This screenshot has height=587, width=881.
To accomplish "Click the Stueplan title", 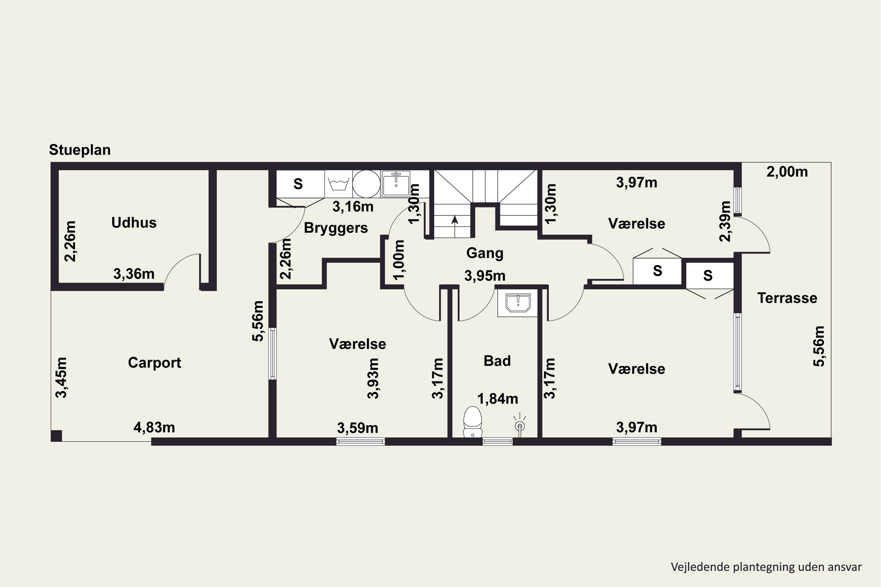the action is point(80,150).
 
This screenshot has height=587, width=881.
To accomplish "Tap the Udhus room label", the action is point(134,223).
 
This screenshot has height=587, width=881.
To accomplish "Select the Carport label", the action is point(154,363).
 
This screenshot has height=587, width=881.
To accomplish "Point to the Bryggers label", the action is point(336,228).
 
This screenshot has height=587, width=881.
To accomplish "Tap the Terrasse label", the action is point(787,298).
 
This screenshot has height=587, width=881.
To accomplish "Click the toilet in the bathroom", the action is point(473,421).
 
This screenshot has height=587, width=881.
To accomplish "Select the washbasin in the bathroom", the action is point(518,303).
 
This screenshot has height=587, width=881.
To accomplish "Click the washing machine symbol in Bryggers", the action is point(338,184).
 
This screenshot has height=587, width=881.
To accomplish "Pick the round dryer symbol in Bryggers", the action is point(366,184).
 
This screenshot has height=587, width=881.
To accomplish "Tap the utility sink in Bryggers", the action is point(396,184).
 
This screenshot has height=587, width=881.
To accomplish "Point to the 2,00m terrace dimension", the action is point(787,172).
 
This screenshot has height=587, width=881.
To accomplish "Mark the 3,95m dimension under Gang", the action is point(485,276).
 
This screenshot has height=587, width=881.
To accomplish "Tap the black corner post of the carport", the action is point(56,436).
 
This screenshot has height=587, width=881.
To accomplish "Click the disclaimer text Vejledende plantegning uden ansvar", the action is point(766,567).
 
